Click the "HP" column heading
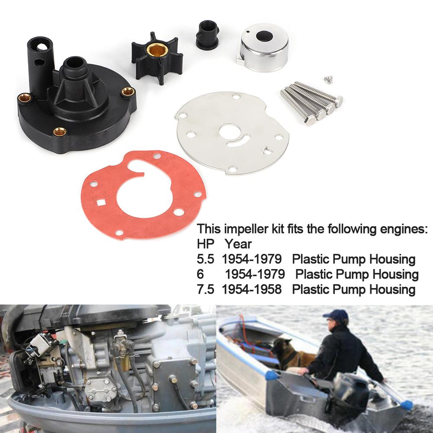205,244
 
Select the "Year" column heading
237,244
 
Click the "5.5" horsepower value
205,260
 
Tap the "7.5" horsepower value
205,289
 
